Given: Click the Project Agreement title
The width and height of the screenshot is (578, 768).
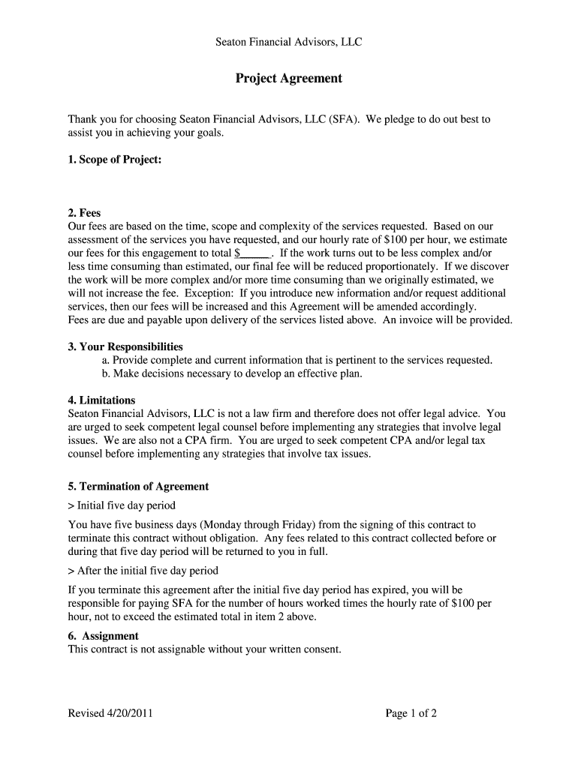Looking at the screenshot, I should click(x=289, y=78).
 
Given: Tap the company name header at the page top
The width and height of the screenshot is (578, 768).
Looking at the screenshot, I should click(x=289, y=42).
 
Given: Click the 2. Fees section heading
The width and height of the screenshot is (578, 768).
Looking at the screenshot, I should click(x=84, y=213).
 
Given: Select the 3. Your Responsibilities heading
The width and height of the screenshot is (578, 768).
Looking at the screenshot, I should click(x=125, y=346).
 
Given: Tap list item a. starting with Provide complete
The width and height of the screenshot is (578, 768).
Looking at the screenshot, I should click(x=297, y=360).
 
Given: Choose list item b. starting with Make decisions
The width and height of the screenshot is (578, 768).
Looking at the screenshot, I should click(x=231, y=373).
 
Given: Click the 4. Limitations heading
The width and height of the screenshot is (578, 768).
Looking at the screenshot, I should click(x=101, y=400).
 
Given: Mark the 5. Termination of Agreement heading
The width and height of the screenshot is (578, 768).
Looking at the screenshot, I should click(x=138, y=486).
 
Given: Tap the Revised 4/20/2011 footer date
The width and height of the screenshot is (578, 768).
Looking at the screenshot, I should click(x=110, y=713).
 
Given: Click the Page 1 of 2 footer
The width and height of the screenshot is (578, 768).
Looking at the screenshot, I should click(x=411, y=713).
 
